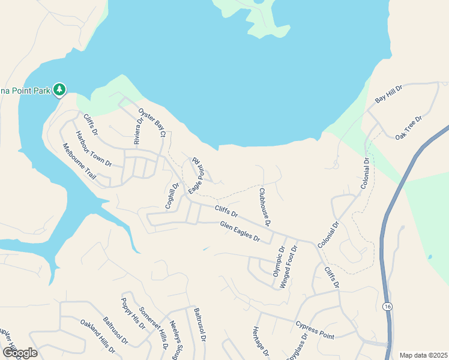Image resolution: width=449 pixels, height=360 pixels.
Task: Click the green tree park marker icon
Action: (x=59, y=90)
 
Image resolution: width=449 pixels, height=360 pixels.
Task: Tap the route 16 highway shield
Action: (x=388, y=307)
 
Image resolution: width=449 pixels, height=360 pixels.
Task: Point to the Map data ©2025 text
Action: (x=423, y=355)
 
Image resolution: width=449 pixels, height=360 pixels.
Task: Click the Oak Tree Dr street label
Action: (x=409, y=128)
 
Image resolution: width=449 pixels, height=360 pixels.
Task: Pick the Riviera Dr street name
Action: (x=139, y=131)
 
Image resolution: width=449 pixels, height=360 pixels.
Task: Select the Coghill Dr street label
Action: (x=172, y=196)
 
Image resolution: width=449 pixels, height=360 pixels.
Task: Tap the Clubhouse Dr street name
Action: (x=265, y=206)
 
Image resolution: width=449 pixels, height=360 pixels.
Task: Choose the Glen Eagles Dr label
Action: (x=240, y=232)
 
